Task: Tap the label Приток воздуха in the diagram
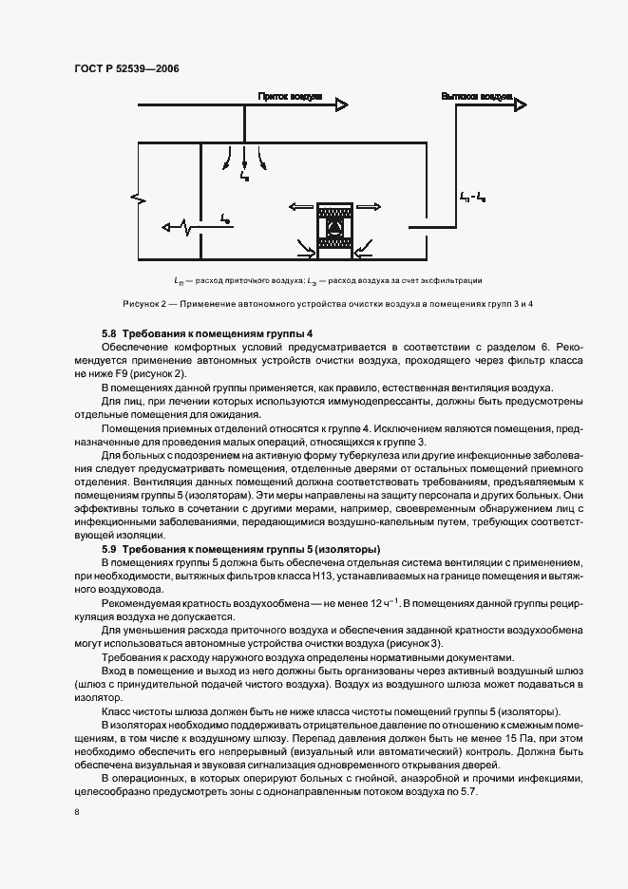(290, 97)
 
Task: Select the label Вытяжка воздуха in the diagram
(477, 97)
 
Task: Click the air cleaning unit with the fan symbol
(333, 229)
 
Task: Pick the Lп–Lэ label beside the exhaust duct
(473, 197)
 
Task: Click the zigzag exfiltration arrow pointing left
(181, 227)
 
